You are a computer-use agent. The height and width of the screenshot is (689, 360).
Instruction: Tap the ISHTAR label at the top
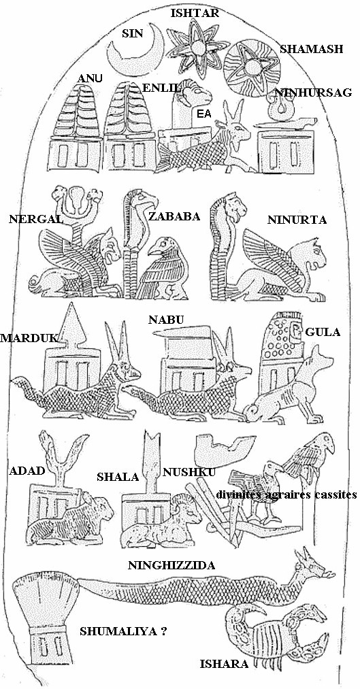[195, 13]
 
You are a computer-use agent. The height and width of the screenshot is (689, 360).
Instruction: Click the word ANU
[90, 79]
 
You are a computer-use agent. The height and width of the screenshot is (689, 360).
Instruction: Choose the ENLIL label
[161, 88]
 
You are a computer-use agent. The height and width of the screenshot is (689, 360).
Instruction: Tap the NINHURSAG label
[312, 93]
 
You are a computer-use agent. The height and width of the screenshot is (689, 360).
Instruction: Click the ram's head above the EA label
[195, 93]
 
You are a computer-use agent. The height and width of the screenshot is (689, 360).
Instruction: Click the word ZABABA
[174, 216]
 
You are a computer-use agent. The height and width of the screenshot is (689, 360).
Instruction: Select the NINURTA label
[297, 220]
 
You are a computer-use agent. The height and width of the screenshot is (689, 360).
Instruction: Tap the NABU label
[166, 320]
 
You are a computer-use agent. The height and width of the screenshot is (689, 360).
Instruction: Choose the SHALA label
[118, 477]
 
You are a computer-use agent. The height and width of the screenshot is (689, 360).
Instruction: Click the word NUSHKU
[189, 472]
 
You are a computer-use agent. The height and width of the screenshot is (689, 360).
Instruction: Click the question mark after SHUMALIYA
[163, 631]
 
